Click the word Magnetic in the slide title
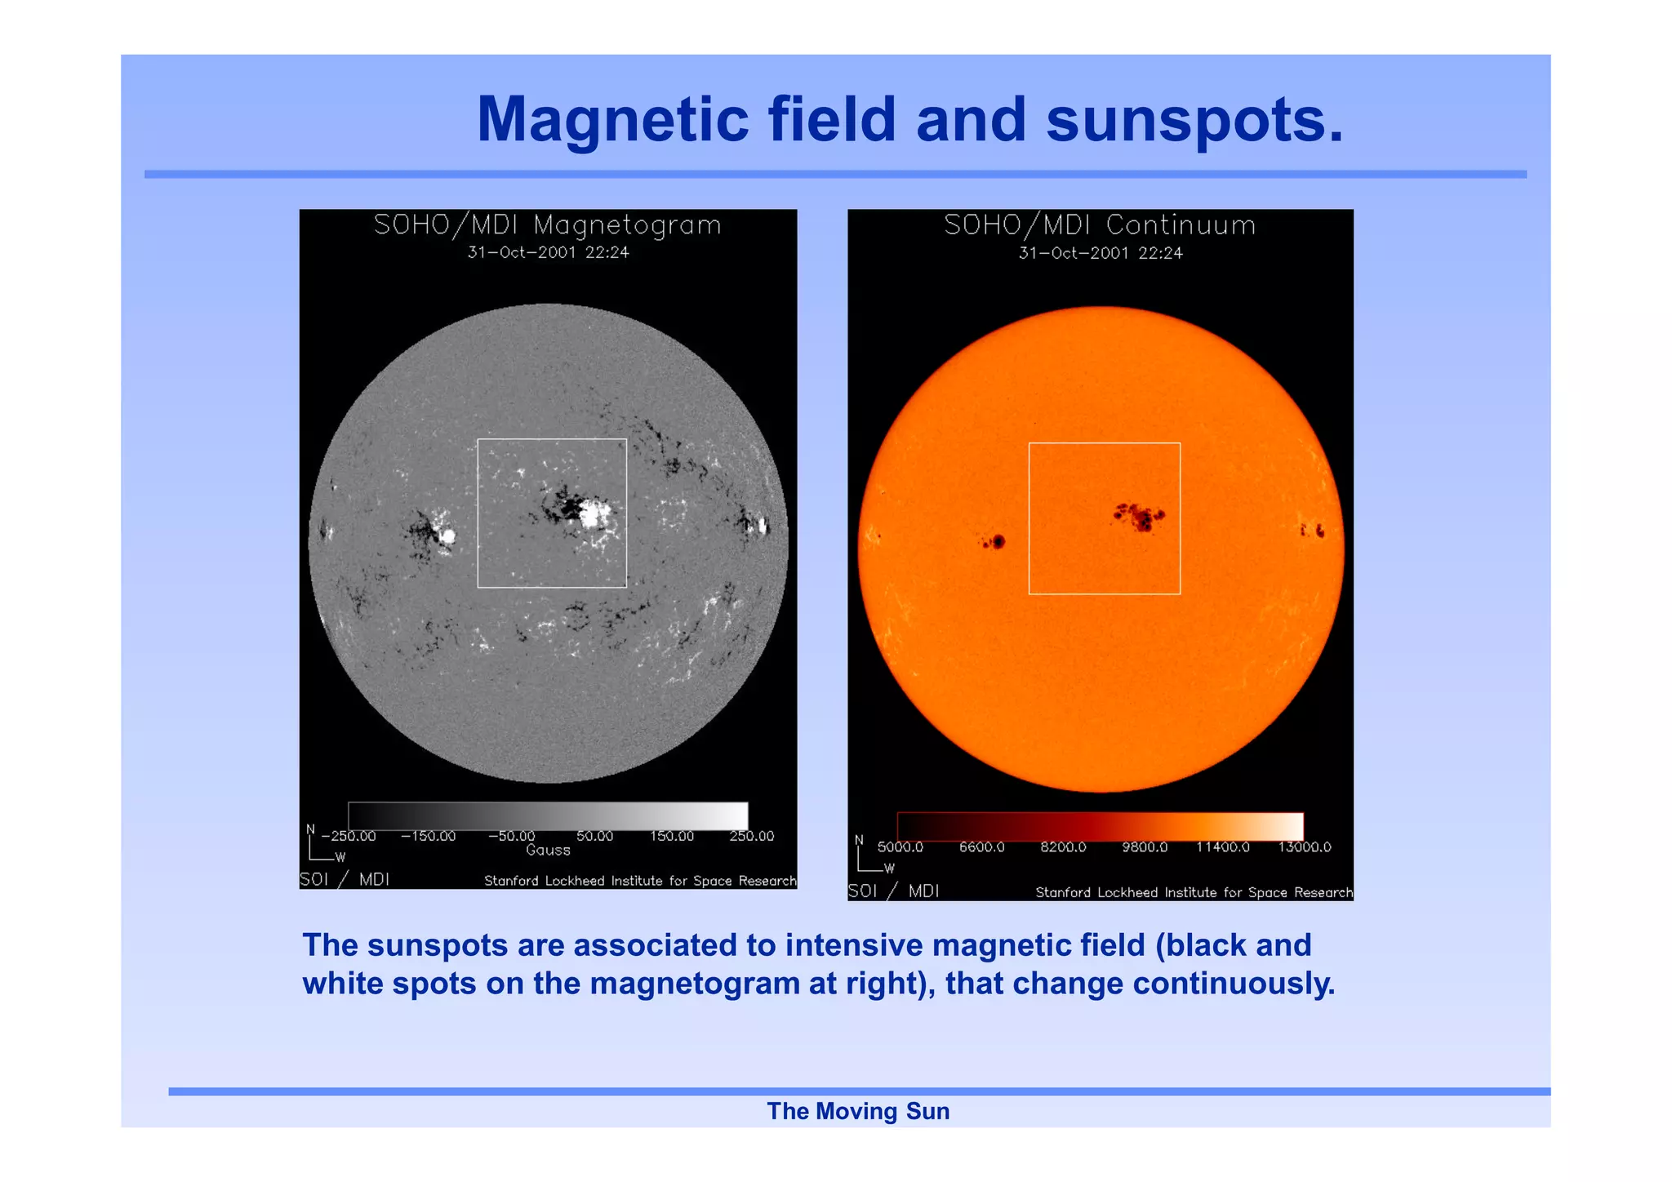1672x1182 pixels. [612, 120]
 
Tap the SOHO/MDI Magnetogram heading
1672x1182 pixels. [548, 224]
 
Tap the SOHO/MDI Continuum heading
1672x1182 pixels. [1100, 224]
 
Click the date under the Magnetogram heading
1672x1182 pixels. [548, 252]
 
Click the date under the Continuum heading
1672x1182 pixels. [1100, 253]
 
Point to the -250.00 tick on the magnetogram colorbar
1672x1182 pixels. [349, 836]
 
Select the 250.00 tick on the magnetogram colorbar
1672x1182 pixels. [751, 836]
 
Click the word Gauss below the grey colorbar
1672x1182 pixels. [548, 850]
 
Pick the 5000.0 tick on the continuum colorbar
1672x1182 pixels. [900, 847]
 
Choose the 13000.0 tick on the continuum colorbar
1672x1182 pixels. [1304, 847]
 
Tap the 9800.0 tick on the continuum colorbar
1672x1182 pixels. [1144, 847]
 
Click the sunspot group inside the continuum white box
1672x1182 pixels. [1140, 517]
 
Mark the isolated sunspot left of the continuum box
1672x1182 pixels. [995, 541]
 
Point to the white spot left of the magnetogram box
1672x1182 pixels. [447, 535]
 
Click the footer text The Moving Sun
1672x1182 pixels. [858, 1111]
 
